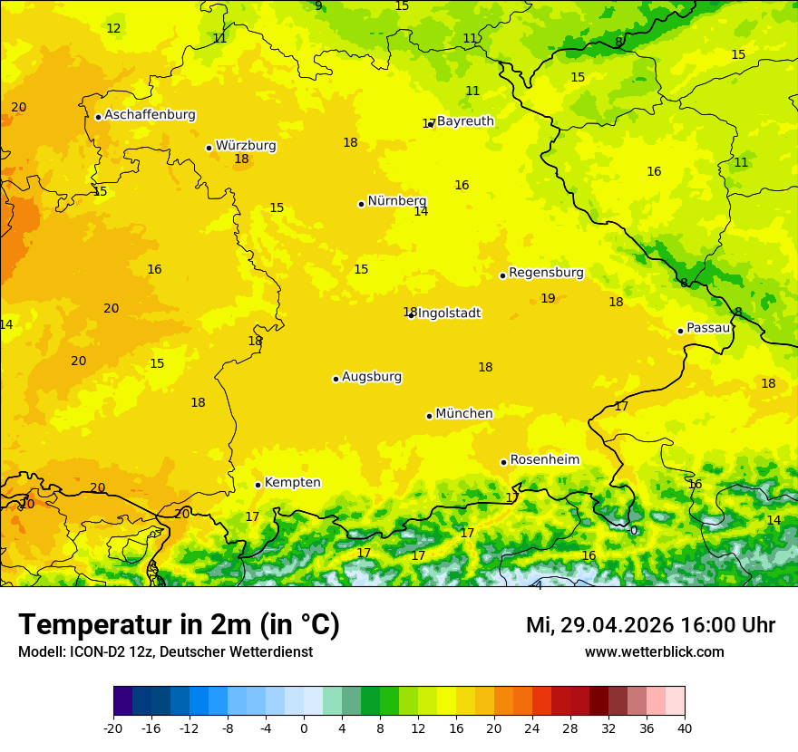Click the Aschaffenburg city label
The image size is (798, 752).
pos(150,115)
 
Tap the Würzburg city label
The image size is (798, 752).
pos(246,146)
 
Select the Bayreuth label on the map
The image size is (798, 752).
pos(465,121)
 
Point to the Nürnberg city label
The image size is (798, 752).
pos(396,201)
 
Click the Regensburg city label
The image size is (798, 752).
pos(546,273)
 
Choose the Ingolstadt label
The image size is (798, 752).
pos(449,313)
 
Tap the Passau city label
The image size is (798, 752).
pos(708,328)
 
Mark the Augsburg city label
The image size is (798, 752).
pos(372,377)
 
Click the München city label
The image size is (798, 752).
pos(464,414)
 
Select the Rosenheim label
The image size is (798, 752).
pos(544,460)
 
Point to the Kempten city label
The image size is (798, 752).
pos(292,483)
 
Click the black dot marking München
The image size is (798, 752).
pos(429,416)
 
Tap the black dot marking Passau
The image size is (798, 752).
pos(680,331)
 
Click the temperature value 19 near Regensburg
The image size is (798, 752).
pos(548,299)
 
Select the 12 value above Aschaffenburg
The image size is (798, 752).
pos(113,29)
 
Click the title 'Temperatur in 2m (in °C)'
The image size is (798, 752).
pos(179,625)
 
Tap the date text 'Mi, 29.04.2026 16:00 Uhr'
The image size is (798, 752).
pos(650,626)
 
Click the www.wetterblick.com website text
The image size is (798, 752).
pos(654,652)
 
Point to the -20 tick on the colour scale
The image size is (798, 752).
pos(113,728)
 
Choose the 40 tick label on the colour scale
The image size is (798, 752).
pos(685,728)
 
